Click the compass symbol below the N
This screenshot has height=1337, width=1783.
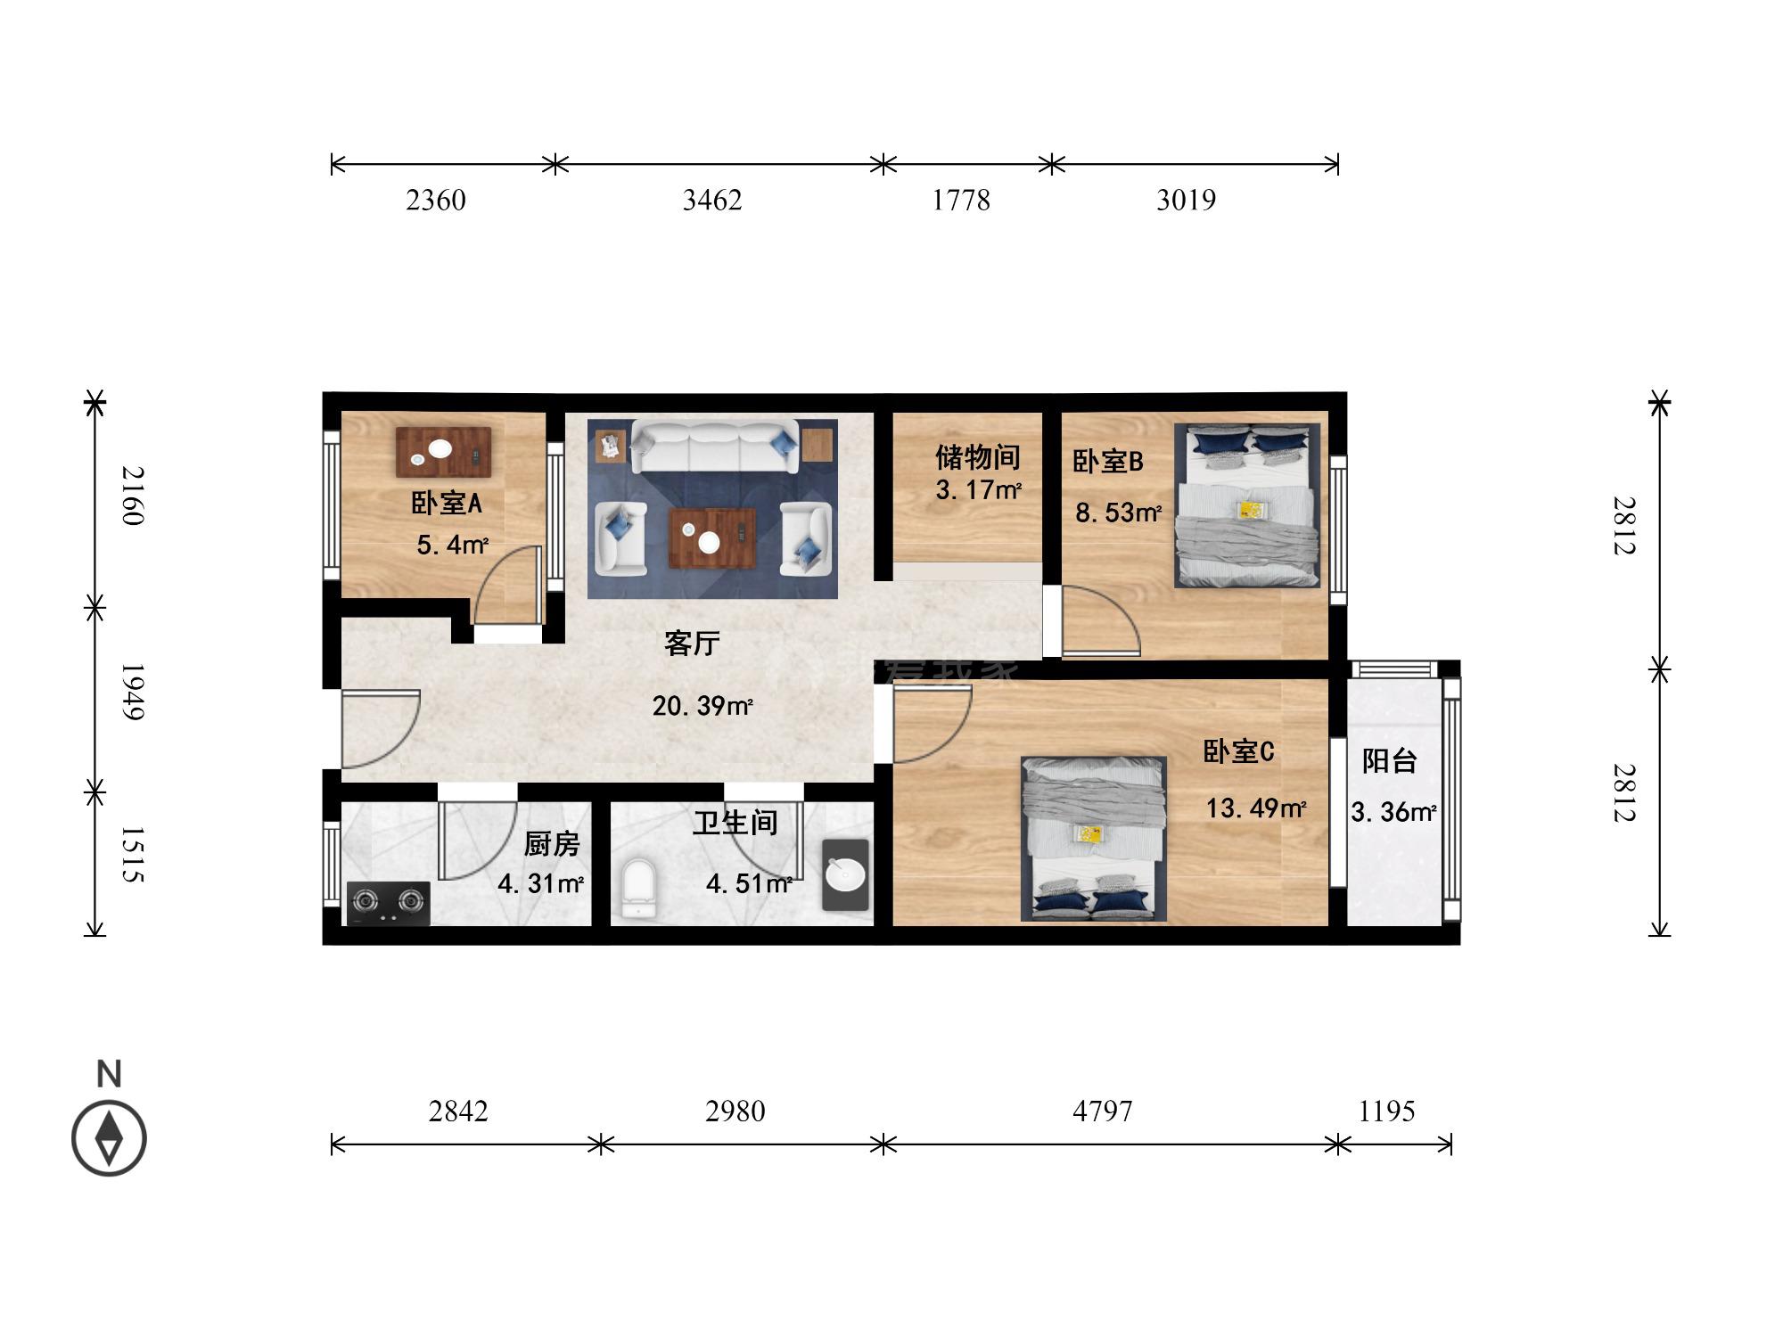[x=109, y=1138]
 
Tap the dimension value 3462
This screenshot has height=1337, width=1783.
[x=712, y=200]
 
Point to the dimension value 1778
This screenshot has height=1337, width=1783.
[x=961, y=200]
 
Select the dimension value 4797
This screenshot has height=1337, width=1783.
[x=1103, y=1111]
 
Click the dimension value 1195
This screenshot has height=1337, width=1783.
[x=1387, y=1111]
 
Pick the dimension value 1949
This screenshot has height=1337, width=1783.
[x=132, y=692]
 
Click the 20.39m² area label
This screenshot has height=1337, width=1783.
[x=703, y=706]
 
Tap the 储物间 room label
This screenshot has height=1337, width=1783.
[x=977, y=457]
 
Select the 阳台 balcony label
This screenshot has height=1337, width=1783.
[x=1390, y=760]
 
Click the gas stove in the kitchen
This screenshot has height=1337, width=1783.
[x=388, y=903]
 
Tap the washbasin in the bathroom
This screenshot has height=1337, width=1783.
[x=845, y=874]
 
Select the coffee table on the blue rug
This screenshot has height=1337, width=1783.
[x=712, y=537]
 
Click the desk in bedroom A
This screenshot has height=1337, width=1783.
[x=444, y=452]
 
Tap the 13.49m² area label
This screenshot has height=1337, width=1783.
[x=1256, y=808]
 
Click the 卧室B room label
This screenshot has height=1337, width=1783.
[x=1107, y=462]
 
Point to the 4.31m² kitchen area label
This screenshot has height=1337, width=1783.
[x=540, y=883]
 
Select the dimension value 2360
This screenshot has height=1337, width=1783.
[x=436, y=200]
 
